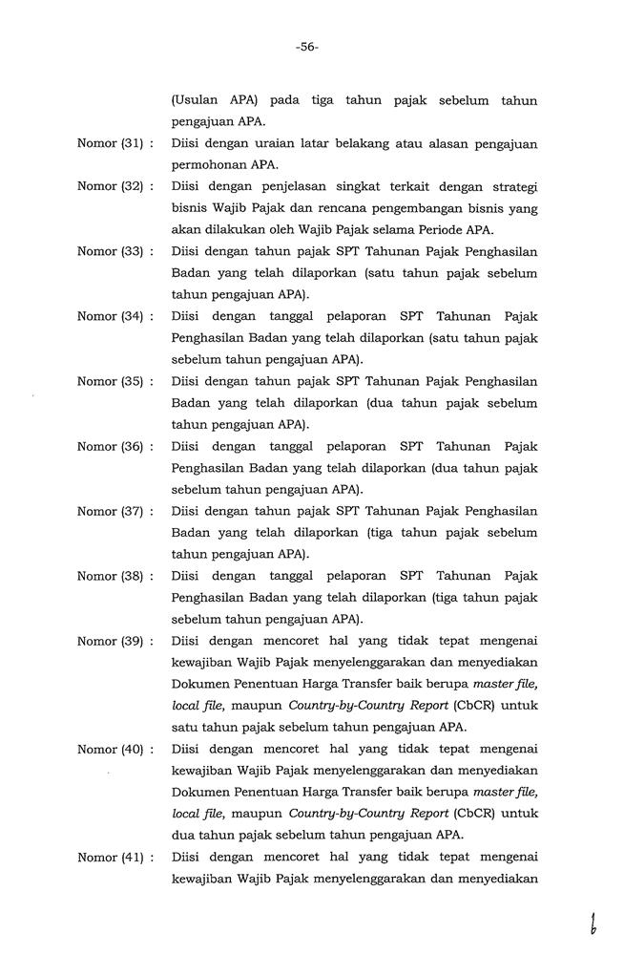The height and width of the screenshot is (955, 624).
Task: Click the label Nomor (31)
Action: (110, 144)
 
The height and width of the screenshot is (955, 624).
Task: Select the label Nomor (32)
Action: (110, 186)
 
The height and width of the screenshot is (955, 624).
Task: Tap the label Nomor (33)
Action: (110, 251)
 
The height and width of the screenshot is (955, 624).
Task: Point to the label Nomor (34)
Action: (110, 316)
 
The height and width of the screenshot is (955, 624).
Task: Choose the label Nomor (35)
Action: (110, 381)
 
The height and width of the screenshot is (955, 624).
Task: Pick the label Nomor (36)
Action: (110, 446)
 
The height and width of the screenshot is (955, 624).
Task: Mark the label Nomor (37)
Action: (110, 511)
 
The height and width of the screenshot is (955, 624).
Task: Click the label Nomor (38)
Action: (110, 576)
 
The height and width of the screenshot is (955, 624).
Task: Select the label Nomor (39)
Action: (110, 641)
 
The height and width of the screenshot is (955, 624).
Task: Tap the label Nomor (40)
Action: (110, 749)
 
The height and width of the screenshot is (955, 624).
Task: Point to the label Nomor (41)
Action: (110, 857)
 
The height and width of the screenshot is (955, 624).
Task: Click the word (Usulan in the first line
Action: (195, 100)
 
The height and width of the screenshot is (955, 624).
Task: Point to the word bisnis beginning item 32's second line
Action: (189, 208)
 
